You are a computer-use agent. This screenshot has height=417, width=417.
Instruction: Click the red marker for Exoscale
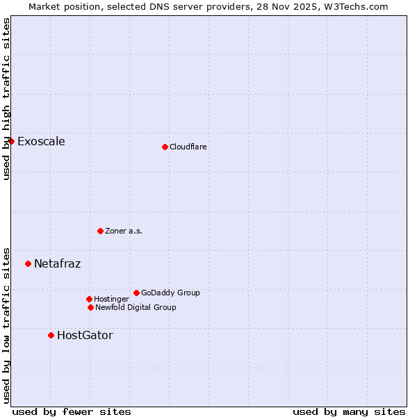[x=11, y=142]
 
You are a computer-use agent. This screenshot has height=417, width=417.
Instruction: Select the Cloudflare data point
[x=165, y=147]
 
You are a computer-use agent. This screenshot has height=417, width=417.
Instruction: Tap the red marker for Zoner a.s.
[x=100, y=231]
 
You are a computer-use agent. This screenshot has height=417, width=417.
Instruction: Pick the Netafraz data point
[x=28, y=263]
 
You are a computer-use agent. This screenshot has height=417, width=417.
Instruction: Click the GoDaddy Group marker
[x=136, y=293]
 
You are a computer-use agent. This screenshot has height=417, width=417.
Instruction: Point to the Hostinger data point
[x=89, y=299]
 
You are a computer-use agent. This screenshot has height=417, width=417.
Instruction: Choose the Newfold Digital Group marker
[x=90, y=307]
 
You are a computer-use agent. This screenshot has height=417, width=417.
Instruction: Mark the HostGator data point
[x=51, y=335]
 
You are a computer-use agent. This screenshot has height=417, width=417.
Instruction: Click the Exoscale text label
[x=41, y=142]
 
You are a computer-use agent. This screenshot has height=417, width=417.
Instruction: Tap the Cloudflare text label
[x=188, y=147]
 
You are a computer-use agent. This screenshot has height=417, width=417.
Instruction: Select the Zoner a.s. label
[x=124, y=231]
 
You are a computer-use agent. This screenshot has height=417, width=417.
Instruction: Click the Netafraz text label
[x=57, y=263]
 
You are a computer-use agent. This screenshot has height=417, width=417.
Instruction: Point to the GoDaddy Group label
[x=170, y=293]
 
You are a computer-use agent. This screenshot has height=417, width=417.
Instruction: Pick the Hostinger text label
[x=111, y=299]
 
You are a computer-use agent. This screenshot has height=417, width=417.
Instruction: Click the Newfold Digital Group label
[x=136, y=307]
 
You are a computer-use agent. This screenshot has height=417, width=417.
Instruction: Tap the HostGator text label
[x=85, y=335]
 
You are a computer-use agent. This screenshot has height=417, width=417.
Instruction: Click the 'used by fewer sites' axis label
[x=72, y=411]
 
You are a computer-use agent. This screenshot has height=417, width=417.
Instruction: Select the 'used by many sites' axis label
[x=349, y=411]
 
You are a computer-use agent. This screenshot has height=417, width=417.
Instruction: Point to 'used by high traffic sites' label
[x=6, y=99]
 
